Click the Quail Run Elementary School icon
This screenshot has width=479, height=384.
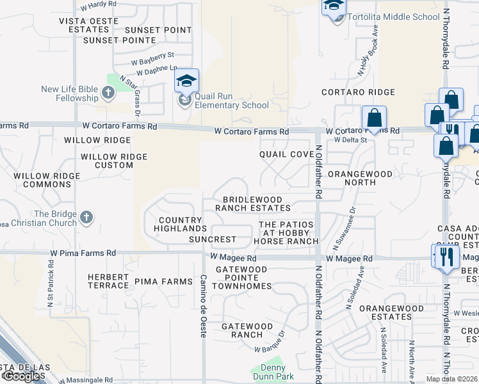[x=186, y=81]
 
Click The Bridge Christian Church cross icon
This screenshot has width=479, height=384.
[x=86, y=219]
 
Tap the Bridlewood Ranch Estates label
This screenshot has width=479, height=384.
[x=252, y=204]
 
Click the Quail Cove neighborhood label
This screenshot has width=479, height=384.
[x=286, y=155]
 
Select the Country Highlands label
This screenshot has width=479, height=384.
[x=183, y=224]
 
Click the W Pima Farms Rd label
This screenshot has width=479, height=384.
[x=84, y=253]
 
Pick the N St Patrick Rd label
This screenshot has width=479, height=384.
[x=50, y=305]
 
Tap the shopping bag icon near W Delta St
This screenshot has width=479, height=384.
[x=374, y=118]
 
